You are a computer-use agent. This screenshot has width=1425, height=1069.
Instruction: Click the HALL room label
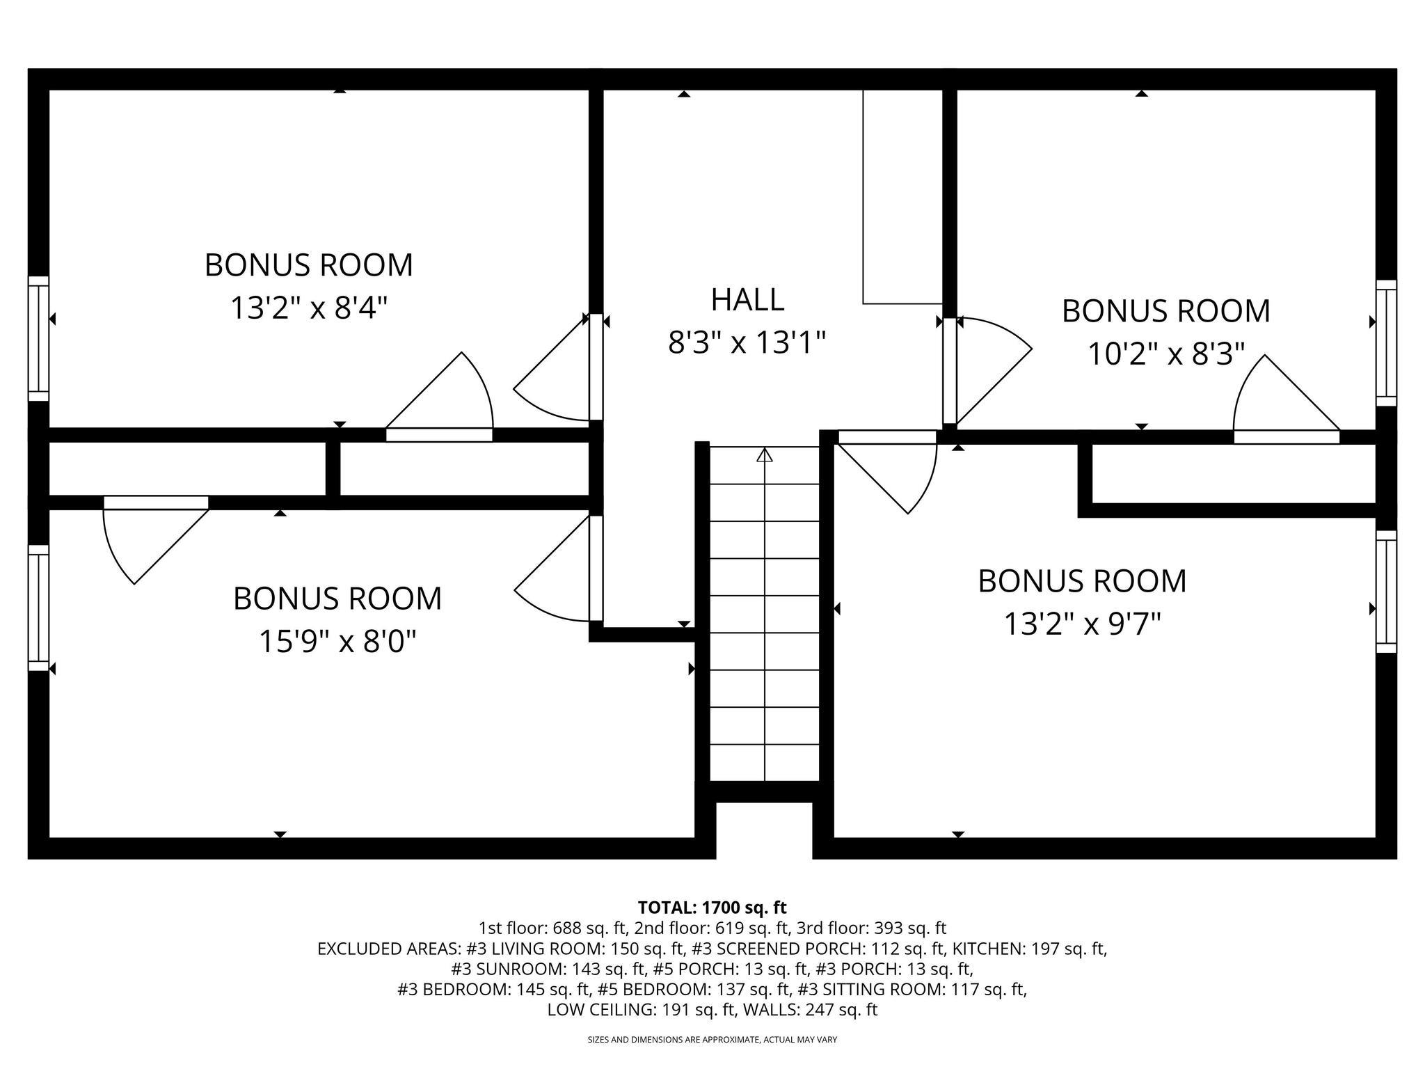(747, 299)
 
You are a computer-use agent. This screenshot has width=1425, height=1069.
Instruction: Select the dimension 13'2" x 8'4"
(308, 308)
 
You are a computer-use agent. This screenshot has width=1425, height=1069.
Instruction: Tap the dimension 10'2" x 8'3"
(1165, 354)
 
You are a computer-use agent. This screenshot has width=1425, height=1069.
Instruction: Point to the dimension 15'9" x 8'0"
(337, 640)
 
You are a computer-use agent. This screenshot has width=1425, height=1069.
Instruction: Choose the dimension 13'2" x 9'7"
(1082, 624)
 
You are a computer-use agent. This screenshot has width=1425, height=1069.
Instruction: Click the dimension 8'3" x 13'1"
(747, 342)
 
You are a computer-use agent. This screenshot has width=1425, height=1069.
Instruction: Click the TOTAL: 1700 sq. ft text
(712, 908)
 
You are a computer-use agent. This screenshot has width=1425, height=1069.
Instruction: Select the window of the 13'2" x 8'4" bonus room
(39, 338)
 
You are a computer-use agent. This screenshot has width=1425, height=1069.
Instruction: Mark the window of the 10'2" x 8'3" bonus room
(1386, 342)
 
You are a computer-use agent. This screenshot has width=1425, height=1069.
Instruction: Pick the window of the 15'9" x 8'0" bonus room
(39, 608)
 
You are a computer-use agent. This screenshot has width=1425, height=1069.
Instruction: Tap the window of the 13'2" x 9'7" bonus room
(1386, 592)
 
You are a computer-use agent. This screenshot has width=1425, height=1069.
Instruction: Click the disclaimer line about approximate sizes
(712, 1040)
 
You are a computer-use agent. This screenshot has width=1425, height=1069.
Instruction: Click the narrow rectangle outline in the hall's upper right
(902, 197)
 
